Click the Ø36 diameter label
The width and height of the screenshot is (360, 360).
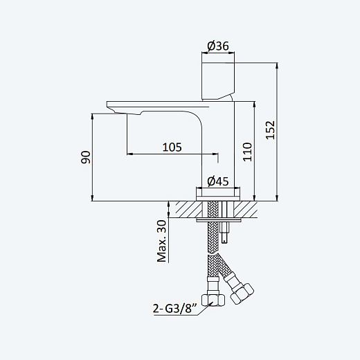pos(218,46)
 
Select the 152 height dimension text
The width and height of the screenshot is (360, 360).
pos(270,130)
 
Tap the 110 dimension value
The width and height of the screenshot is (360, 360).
pos(247,152)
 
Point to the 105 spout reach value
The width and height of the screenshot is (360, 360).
pos(172,147)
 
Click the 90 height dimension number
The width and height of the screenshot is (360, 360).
pos(85,157)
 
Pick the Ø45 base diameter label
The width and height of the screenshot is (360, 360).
pos(218,181)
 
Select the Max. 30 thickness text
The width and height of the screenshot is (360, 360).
pos(162,241)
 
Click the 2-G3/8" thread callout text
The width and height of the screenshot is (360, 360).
pos(175,308)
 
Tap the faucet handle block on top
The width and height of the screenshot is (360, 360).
pos(218,81)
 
